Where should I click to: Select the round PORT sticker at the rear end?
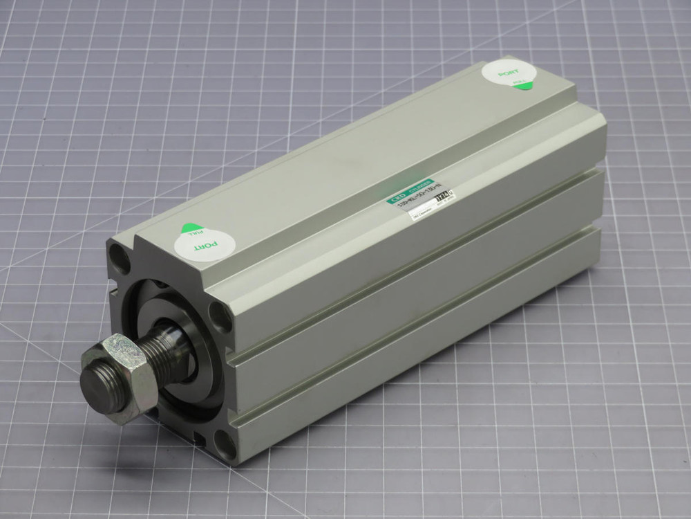pyautogui.click(x=509, y=74)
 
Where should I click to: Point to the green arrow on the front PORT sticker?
pyautogui.click(x=188, y=229)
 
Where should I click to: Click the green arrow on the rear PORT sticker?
pyautogui.click(x=524, y=85)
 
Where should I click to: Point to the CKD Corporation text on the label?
pyautogui.click(x=423, y=218)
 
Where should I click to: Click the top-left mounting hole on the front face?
pyautogui.click(x=120, y=261)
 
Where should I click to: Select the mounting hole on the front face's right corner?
pyautogui.click(x=220, y=318)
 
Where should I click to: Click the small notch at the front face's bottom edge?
pyautogui.click(x=200, y=437)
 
